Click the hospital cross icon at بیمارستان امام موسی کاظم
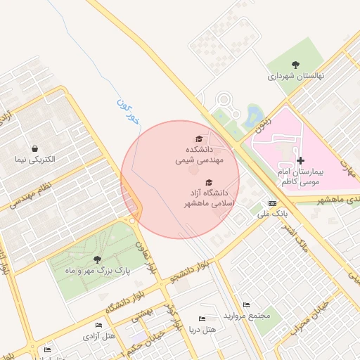coord(301,161)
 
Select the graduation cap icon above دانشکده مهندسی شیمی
coord(199,139)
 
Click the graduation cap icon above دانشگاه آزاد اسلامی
coord(209,182)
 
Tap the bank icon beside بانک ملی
coord(272,203)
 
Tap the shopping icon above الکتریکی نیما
coord(34,148)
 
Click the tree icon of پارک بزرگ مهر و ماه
coord(86,259)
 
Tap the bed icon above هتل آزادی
coord(99,325)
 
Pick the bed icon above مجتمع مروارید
coord(245,304)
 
